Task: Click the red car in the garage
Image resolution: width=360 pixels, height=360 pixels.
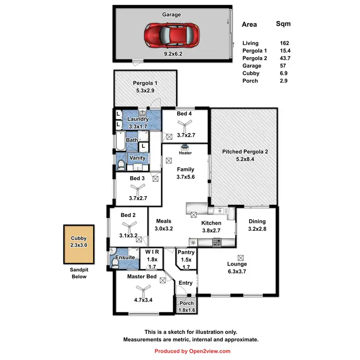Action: [171, 35]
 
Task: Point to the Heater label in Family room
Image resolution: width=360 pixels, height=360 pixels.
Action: [185, 153]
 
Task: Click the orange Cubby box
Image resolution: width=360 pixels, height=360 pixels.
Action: [79, 244]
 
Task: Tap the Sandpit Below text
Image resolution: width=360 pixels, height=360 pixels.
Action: [79, 274]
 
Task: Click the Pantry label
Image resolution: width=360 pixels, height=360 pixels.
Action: [186, 252]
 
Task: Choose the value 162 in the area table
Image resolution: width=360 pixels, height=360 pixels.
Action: [284, 43]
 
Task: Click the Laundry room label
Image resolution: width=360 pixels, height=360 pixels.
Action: [138, 119]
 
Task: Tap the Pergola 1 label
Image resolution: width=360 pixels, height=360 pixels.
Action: [145, 83]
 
